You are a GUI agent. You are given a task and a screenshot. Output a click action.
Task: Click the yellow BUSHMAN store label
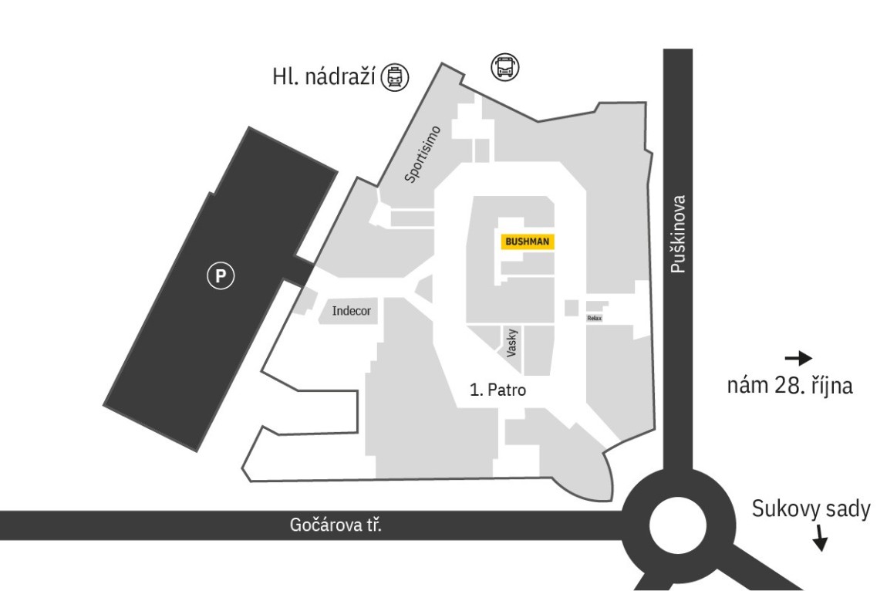(528, 241)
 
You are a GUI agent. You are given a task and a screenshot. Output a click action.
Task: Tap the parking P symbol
(220, 276)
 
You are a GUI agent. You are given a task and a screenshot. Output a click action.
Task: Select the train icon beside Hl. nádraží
(395, 77)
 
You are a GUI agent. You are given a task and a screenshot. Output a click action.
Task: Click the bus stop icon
(504, 67)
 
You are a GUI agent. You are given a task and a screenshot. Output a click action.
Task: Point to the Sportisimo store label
(423, 154)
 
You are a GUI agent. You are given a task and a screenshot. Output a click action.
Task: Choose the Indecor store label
(351, 311)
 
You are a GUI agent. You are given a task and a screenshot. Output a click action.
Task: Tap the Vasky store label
(512, 343)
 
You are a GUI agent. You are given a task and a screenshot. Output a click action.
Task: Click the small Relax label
(595, 319)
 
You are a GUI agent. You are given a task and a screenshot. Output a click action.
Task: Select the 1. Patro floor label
(497, 390)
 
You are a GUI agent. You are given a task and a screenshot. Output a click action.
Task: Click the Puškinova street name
(678, 234)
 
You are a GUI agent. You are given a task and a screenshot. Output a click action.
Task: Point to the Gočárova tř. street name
(336, 525)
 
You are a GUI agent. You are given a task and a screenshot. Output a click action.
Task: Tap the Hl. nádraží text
(324, 77)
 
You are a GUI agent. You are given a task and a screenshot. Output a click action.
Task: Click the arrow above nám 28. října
(798, 358)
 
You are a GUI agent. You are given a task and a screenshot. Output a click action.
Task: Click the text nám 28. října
(790, 386)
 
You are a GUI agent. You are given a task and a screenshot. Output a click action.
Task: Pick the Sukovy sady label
(811, 509)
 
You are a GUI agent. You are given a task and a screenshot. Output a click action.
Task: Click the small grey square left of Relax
(572, 308)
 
